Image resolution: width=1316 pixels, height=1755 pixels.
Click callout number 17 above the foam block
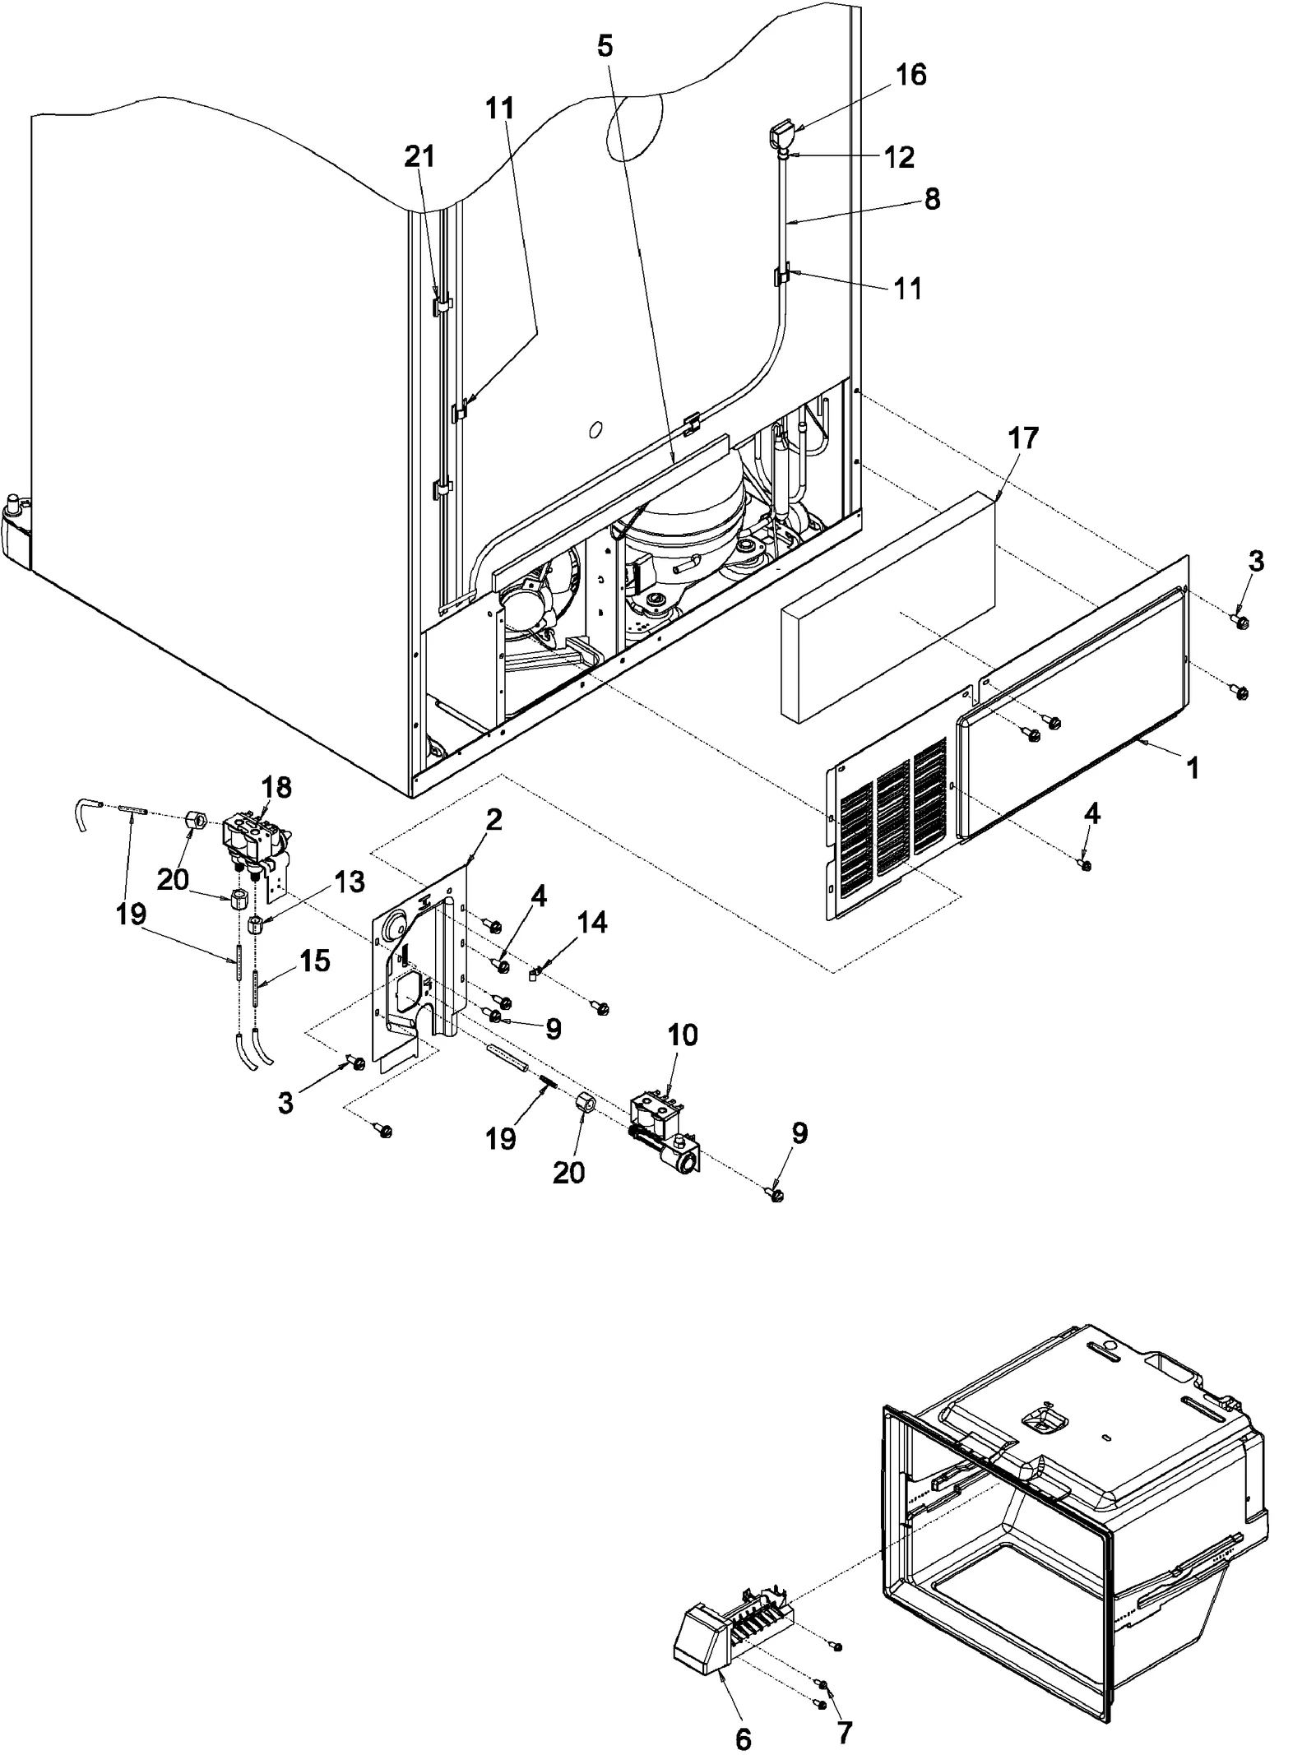(1022, 438)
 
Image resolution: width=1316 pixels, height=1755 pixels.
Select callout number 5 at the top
(605, 46)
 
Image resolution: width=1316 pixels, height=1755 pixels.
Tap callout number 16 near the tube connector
(911, 75)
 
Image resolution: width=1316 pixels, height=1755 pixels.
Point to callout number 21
(419, 156)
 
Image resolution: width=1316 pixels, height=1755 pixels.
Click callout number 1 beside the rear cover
(1193, 768)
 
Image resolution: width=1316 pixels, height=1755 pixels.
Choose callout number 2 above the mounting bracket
(493, 819)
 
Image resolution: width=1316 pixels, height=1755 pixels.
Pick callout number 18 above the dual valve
(276, 787)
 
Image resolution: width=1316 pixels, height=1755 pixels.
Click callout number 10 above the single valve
(682, 1035)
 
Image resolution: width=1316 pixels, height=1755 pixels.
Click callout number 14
(592, 923)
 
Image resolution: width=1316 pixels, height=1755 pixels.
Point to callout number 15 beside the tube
(314, 960)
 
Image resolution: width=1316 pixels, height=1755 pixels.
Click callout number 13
(349, 882)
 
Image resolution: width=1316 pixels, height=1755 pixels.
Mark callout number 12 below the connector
(900, 156)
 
